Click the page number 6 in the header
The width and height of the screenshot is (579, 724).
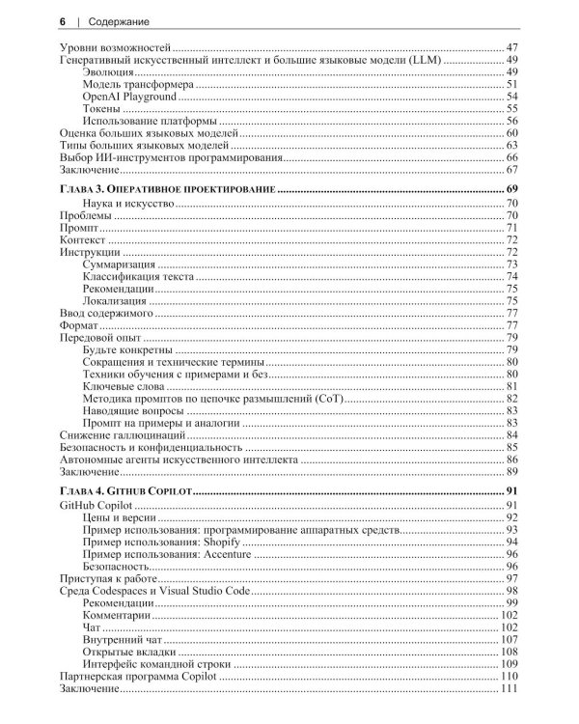click(x=63, y=20)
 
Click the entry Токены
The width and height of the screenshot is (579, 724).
click(x=101, y=109)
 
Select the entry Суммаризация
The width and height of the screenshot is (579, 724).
click(x=120, y=264)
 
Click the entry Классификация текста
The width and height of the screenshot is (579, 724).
click(x=138, y=276)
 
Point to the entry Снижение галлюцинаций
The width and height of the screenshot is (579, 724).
click(x=119, y=436)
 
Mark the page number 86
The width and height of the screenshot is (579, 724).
click(x=512, y=460)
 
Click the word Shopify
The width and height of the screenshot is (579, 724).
click(x=221, y=543)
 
